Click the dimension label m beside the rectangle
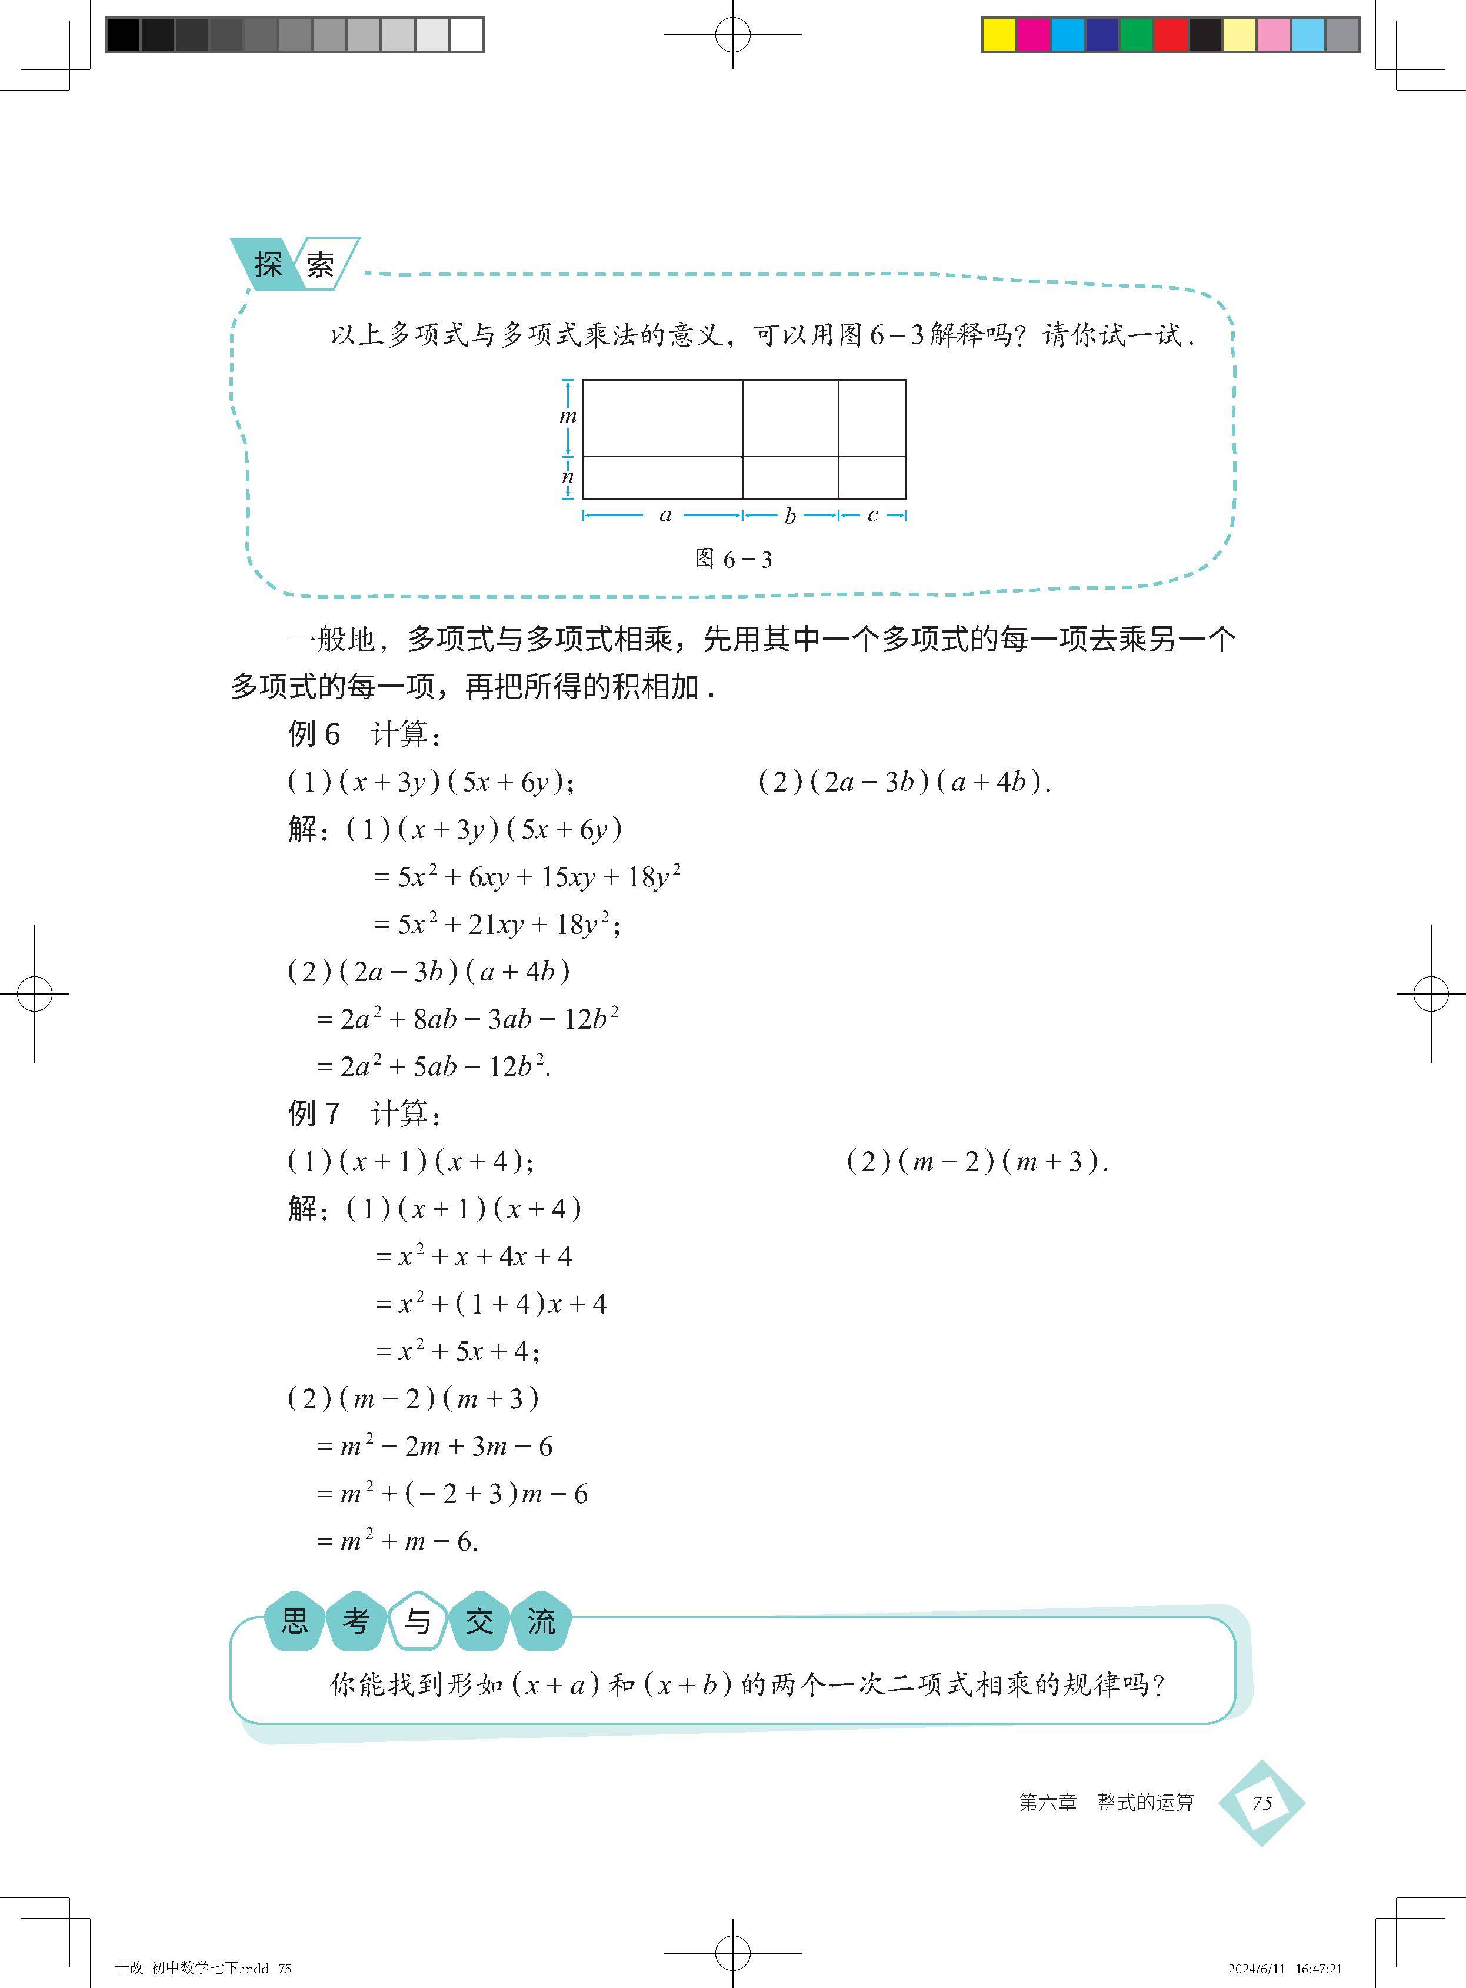pyautogui.click(x=568, y=416)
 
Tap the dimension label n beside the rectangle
pyautogui.click(x=568, y=477)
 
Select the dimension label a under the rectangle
pyautogui.click(x=665, y=515)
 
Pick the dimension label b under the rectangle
pyautogui.click(x=790, y=516)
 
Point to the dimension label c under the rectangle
pyautogui.click(x=872, y=516)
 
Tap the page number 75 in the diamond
pyautogui.click(x=1261, y=1803)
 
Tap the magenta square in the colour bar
pyautogui.click(x=1033, y=35)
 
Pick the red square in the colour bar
pyautogui.click(x=1171, y=35)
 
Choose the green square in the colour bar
pyautogui.click(x=1136, y=35)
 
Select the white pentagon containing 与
pyautogui.click(x=417, y=1621)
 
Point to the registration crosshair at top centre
pyautogui.click(x=733, y=35)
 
